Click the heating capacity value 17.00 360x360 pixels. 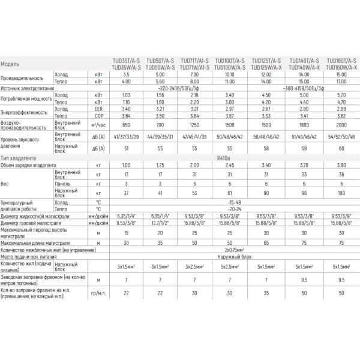[340, 81]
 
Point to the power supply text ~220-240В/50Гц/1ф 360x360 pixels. [178, 88]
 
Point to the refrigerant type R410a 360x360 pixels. [230, 157]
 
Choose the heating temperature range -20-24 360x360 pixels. [230, 209]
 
